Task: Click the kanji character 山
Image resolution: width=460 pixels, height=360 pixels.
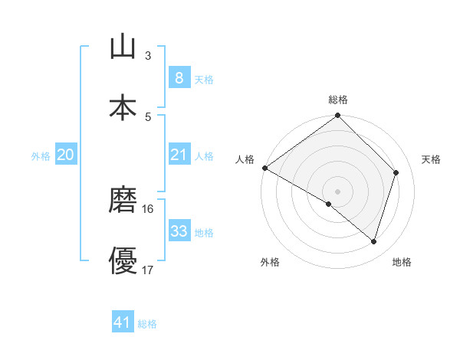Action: pyautogui.click(x=123, y=47)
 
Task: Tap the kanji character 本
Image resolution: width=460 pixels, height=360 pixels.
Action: pyautogui.click(x=123, y=107)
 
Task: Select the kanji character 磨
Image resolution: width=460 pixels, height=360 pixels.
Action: pyautogui.click(x=123, y=201)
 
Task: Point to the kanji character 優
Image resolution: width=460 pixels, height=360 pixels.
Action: pyautogui.click(x=123, y=261)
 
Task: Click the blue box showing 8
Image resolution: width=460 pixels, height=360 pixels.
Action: pyautogui.click(x=179, y=77)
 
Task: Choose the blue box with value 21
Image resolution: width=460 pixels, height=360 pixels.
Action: pyautogui.click(x=179, y=155)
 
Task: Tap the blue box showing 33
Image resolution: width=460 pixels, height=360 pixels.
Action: pyautogui.click(x=179, y=231)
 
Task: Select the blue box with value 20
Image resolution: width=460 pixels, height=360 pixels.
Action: pyautogui.click(x=65, y=155)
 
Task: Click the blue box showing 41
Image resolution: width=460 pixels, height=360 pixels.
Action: pyautogui.click(x=123, y=322)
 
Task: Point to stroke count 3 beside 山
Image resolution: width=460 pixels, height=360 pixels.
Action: pyautogui.click(x=148, y=56)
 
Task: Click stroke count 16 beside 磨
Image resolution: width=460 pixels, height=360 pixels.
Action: pyautogui.click(x=148, y=208)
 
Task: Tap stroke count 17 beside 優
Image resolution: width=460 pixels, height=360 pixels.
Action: pyautogui.click(x=148, y=270)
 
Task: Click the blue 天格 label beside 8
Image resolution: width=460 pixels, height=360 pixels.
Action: pyautogui.click(x=204, y=79)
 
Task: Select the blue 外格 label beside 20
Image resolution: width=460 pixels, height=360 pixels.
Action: pyautogui.click(x=41, y=156)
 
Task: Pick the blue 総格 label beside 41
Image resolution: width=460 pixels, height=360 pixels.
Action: pyautogui.click(x=147, y=324)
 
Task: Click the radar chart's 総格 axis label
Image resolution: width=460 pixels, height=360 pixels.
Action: pyautogui.click(x=338, y=100)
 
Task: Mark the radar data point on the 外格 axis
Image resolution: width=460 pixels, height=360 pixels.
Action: pyautogui.click(x=329, y=204)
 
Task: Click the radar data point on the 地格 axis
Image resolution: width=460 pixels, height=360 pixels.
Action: pyautogui.click(x=374, y=242)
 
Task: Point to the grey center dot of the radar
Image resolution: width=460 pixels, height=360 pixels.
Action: pyautogui.click(x=337, y=191)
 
